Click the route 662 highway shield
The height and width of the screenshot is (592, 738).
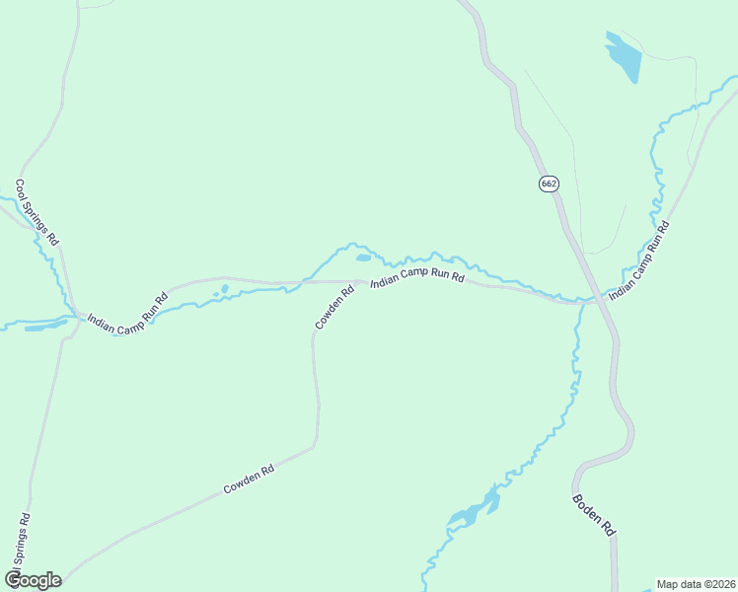(x=548, y=184)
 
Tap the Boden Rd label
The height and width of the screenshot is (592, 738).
(x=594, y=514)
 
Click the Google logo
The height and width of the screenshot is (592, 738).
(x=33, y=580)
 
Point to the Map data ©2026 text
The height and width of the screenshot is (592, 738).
(x=696, y=584)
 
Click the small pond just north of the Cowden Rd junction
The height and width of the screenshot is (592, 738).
(x=363, y=259)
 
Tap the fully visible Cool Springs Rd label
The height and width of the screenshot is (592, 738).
(x=37, y=212)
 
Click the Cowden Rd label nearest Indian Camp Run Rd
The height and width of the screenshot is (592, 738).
(x=334, y=307)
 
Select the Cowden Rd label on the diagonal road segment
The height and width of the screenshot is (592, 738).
(x=248, y=480)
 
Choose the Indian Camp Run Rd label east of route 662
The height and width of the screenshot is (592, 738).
(x=638, y=259)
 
